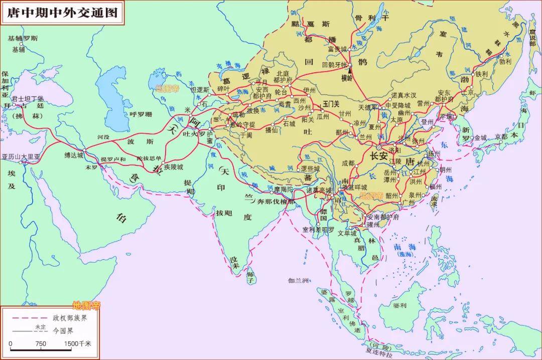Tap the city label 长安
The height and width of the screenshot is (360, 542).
tap(379, 156)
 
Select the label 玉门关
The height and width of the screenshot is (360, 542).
tap(331, 103)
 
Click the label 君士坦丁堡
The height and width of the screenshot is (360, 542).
tap(28, 98)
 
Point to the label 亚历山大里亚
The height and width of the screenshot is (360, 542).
tap(20, 156)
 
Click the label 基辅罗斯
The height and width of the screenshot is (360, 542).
tap(23, 38)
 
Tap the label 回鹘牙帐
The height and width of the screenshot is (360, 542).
tap(334, 65)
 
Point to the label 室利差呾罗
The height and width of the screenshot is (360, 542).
tap(318, 230)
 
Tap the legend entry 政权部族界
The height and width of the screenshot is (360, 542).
tap(70, 318)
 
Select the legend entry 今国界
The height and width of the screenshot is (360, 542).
tap(63, 331)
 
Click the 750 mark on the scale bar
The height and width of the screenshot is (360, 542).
tap(41, 344)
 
